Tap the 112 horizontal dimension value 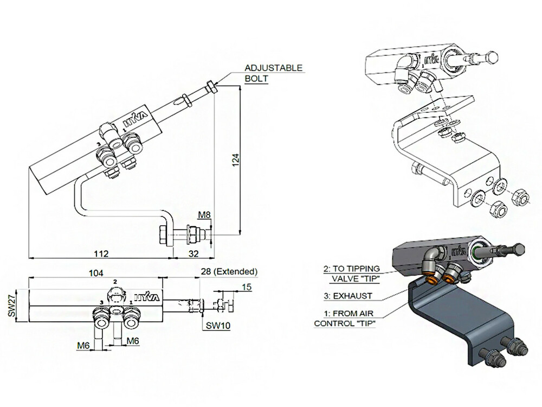101,253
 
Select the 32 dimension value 193,253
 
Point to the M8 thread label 204,215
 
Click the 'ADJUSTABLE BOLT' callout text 273,73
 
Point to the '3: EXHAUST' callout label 349,296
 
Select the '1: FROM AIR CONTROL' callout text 349,319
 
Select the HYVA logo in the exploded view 430,58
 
